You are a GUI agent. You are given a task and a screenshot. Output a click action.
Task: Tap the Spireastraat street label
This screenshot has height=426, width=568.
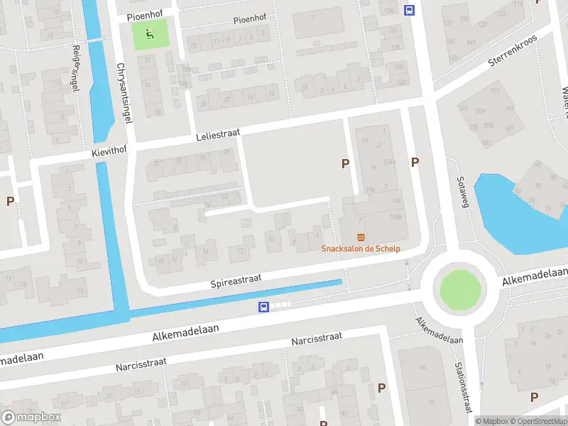(x=236, y=281)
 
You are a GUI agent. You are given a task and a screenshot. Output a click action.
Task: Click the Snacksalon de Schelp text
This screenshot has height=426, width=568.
(x=361, y=248)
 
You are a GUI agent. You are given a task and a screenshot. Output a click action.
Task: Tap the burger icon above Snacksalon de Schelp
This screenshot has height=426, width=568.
(x=361, y=236)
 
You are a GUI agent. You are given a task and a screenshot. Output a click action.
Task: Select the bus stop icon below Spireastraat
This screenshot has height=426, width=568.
(x=263, y=307)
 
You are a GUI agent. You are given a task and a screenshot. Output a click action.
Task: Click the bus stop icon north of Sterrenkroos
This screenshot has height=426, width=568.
(x=409, y=10)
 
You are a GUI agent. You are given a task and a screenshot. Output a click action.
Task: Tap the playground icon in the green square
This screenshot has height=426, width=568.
(x=149, y=33)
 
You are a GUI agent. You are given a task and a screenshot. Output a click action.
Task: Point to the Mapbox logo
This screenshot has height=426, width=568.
(x=31, y=417)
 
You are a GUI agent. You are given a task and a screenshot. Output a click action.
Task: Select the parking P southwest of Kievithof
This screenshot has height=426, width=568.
(x=10, y=201)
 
